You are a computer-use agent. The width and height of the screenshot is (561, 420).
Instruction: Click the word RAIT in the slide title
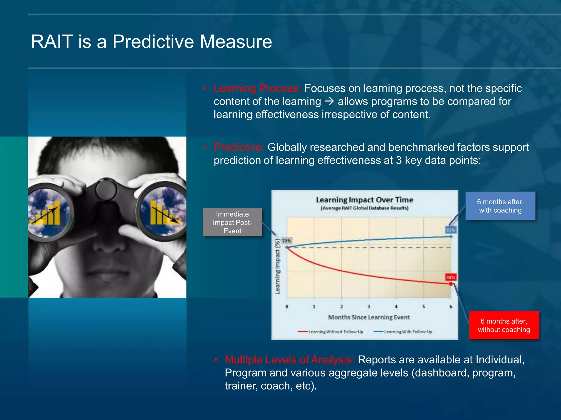point(52,42)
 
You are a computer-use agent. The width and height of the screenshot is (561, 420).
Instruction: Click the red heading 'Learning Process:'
point(257,88)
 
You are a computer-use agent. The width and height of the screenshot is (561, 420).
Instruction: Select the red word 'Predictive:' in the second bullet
point(239,147)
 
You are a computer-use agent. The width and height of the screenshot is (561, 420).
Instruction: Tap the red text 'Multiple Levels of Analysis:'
point(290,360)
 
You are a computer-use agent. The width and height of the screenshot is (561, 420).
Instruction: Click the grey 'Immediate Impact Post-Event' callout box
point(232,222)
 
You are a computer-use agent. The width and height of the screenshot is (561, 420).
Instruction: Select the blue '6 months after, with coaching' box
point(500,206)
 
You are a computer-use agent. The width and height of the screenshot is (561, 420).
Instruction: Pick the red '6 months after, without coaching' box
point(504,325)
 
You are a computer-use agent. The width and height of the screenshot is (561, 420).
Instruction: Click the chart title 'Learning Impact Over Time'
point(364,200)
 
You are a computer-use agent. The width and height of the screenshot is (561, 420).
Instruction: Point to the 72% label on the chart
point(287,241)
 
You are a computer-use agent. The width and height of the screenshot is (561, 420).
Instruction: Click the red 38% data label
point(451,277)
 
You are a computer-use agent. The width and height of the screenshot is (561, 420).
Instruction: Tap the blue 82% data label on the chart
point(451,230)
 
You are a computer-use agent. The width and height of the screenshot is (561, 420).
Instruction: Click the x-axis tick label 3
point(369,307)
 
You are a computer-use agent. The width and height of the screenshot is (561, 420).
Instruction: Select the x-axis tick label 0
point(287,307)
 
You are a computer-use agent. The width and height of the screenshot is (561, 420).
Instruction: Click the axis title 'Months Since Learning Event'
point(369,317)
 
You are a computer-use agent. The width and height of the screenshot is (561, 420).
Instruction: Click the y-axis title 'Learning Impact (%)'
point(278,267)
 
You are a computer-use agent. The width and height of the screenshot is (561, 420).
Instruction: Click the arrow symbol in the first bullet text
point(329,101)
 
